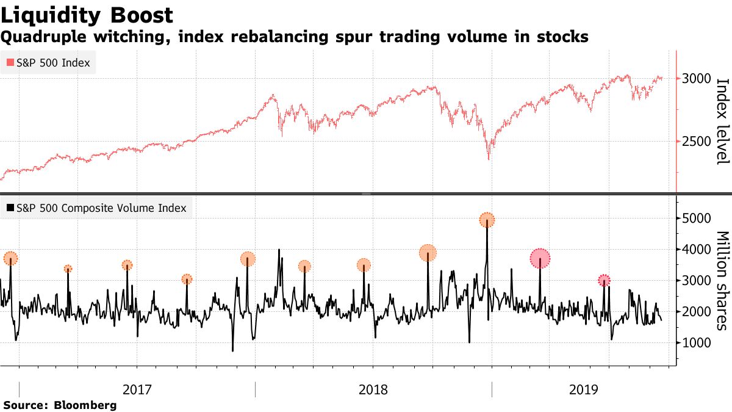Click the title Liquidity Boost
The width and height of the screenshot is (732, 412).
tap(87, 15)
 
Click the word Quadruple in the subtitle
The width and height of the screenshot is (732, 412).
tap(38, 38)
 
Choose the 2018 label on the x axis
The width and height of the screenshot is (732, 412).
tap(373, 389)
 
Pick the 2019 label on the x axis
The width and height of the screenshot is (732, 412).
tap(583, 389)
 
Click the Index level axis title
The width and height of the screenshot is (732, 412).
tap(722, 121)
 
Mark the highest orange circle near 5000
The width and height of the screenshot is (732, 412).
tap(487, 220)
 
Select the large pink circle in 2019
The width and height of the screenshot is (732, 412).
tap(540, 259)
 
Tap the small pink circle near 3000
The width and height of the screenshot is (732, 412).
tap(604, 280)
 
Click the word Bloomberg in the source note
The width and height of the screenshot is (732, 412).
tap(85, 405)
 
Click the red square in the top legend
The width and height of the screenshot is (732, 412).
tap(9, 63)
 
